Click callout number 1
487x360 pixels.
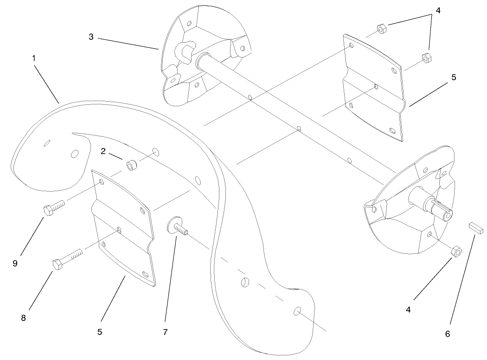point(34,58)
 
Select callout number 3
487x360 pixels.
point(91,37)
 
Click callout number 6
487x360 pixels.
point(447,333)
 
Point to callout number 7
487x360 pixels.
point(165,332)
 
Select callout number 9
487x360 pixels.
point(15,264)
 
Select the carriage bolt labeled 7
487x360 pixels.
point(179,227)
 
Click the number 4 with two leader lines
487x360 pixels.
point(432,10)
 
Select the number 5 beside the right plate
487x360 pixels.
point(454,77)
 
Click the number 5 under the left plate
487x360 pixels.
point(99,332)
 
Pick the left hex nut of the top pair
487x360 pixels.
point(381,30)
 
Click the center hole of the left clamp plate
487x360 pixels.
point(120,230)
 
